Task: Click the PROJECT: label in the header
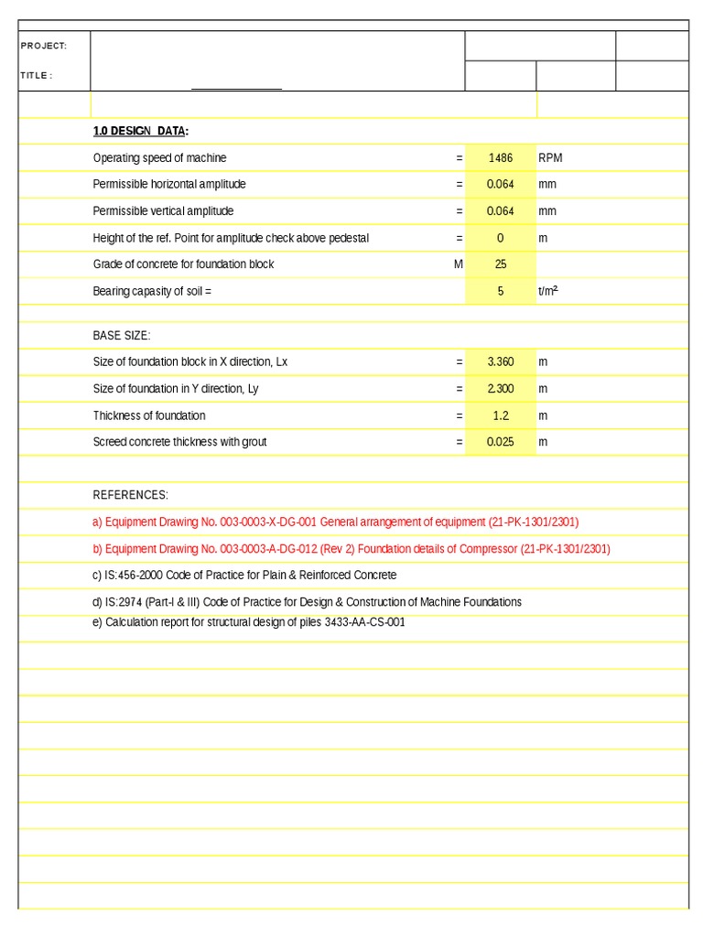pos(43,46)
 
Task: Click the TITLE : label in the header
pos(37,76)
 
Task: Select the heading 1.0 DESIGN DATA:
pos(141,131)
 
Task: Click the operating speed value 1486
pos(501,158)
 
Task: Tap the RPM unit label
pos(550,158)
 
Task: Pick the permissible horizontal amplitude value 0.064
pos(501,184)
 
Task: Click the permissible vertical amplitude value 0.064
pos(501,211)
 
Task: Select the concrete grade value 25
pos(501,264)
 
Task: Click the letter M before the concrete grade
pos(459,264)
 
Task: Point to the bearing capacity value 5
pos(501,292)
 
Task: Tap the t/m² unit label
pos(548,291)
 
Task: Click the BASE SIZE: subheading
pos(122,336)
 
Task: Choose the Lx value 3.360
pos(501,362)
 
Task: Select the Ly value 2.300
pos(501,389)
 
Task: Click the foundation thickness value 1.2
pos(501,415)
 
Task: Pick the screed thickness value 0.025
pos(501,442)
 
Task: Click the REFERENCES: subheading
pos(131,495)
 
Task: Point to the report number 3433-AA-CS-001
pos(364,622)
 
